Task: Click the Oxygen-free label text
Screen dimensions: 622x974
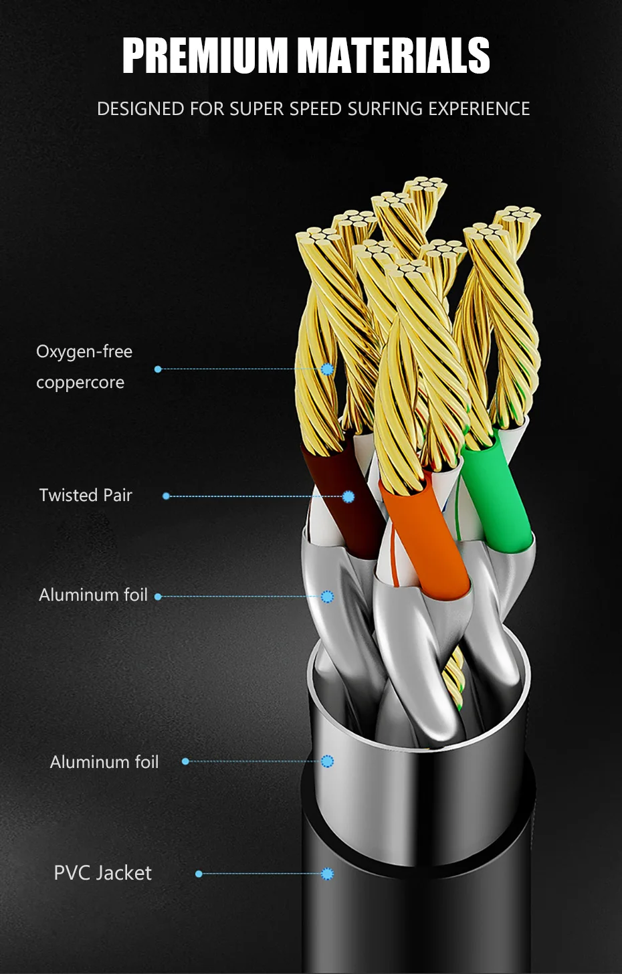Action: click(x=84, y=352)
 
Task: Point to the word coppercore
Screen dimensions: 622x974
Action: click(x=80, y=383)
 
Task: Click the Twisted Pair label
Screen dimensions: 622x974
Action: click(x=86, y=495)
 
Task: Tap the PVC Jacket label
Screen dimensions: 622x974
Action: click(x=102, y=873)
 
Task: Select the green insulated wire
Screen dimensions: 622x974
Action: click(x=495, y=495)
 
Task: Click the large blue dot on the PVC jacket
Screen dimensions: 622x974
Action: click(x=327, y=874)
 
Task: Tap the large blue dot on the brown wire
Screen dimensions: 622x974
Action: click(x=348, y=496)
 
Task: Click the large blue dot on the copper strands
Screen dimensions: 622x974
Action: click(x=327, y=369)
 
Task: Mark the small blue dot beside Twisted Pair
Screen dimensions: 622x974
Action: click(x=166, y=496)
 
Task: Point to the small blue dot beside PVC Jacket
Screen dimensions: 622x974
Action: click(x=199, y=874)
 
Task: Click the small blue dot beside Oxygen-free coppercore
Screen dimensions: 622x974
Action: click(x=158, y=369)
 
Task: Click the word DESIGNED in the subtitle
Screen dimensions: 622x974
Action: click(x=140, y=108)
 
